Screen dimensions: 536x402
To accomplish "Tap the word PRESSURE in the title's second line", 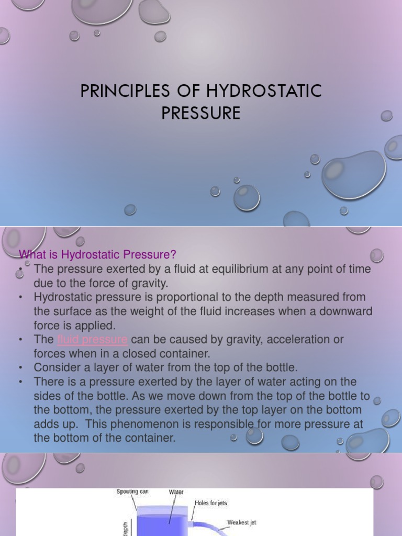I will click(201, 113).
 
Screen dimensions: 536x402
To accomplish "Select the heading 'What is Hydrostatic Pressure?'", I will click(98, 254).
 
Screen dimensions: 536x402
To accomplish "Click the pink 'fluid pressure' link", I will click(93, 339).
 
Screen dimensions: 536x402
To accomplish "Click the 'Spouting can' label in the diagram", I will click(132, 492).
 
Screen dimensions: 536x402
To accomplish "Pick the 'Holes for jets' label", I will click(211, 503).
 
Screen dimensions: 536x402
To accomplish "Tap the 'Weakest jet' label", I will click(241, 522).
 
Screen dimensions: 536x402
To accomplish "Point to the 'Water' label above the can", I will click(176, 492).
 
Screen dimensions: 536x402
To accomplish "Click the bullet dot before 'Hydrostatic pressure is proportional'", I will click(21, 297).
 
